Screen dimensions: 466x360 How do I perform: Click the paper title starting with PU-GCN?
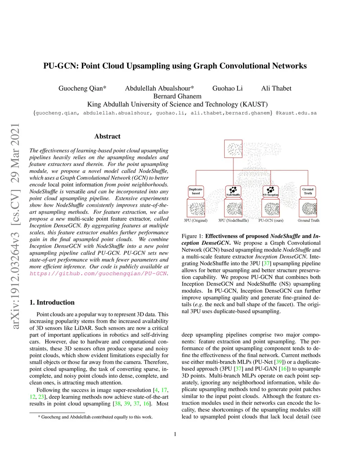pyautogui.click(x=175, y=66)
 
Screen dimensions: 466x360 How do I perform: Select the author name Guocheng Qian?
pyautogui.click(x=82, y=88)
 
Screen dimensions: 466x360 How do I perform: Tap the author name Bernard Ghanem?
pyautogui.click(x=177, y=96)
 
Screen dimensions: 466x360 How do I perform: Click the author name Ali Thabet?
pyautogui.click(x=276, y=88)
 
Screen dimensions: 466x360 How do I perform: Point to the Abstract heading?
pyautogui.click(x=107, y=136)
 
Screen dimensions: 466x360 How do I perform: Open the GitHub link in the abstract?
pyautogui.click(x=98, y=274)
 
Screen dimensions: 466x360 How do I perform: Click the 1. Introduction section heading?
pyautogui.click(x=52, y=302)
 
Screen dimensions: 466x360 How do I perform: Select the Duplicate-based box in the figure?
pyautogui.click(x=196, y=191)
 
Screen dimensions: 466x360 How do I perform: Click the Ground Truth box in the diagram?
pyautogui.click(x=308, y=191)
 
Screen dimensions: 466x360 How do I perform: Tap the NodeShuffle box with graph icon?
pyautogui.click(x=233, y=191)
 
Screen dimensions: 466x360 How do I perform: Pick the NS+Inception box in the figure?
pyautogui.click(x=270, y=191)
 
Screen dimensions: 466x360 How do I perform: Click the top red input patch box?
pyautogui.click(x=233, y=148)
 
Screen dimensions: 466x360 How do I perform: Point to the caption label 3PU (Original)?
pyautogui.click(x=195, y=221)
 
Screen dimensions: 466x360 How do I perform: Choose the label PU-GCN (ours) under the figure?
pyautogui.click(x=271, y=221)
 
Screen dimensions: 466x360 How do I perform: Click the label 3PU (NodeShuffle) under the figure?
pyautogui.click(x=233, y=221)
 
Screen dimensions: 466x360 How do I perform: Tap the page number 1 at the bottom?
pyautogui.click(x=175, y=434)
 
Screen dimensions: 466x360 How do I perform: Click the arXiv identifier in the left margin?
pyautogui.click(x=15, y=226)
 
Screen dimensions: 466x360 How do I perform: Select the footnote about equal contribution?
pyautogui.click(x=95, y=417)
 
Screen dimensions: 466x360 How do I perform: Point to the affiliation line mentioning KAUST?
pyautogui.click(x=177, y=104)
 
